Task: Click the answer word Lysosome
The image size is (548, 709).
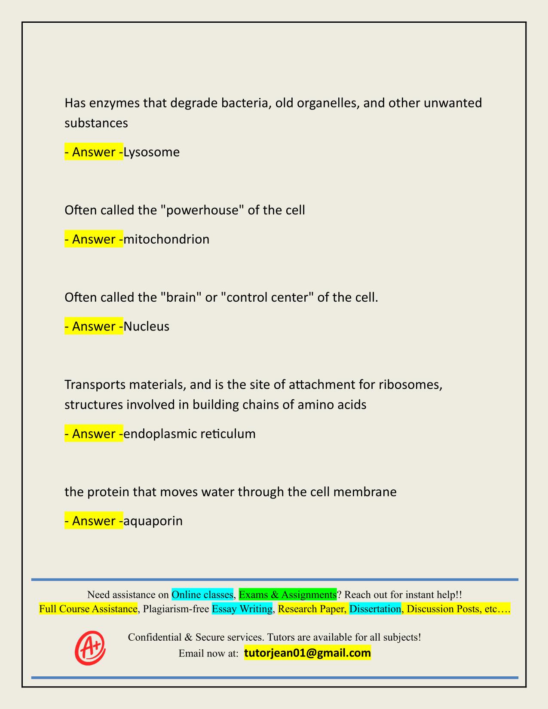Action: (x=151, y=152)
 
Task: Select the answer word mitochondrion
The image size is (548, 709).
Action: (x=166, y=239)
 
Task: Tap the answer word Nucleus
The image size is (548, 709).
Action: (x=146, y=327)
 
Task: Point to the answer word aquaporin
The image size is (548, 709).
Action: (x=153, y=521)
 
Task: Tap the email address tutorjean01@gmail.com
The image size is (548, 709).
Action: (x=307, y=653)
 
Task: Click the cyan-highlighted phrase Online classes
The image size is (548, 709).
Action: (x=202, y=595)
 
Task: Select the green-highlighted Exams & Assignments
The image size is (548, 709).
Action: (x=288, y=595)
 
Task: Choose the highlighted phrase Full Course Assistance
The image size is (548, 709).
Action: (x=88, y=609)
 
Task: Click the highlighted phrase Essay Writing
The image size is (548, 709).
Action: (x=242, y=609)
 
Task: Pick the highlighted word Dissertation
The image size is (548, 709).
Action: (x=375, y=609)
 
